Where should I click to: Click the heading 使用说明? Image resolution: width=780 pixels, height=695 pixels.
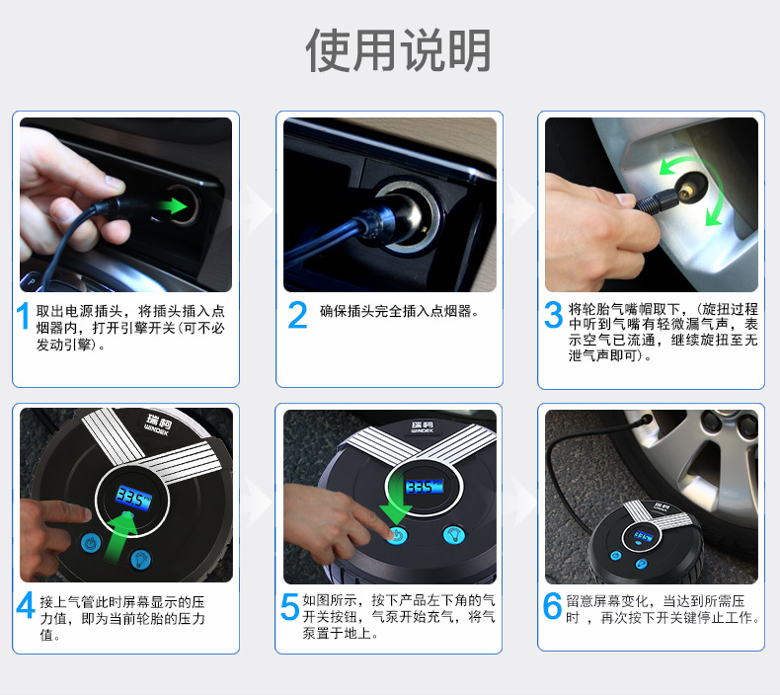pos(398,50)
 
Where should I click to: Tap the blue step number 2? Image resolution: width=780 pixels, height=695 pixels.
pos(297,315)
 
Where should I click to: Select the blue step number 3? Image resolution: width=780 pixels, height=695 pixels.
pos(553,315)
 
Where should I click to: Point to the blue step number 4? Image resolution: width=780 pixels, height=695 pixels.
pos(26,605)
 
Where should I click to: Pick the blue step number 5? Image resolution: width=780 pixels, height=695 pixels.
pos(289,606)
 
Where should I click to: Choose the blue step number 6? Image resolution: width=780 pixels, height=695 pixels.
pos(552,605)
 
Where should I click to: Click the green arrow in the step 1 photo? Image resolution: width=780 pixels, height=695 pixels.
pos(171,205)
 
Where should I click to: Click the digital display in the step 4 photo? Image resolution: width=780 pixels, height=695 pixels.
pos(133,499)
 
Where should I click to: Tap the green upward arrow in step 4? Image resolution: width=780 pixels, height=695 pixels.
pos(119,538)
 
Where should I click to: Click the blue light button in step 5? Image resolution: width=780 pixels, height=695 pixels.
pos(453,534)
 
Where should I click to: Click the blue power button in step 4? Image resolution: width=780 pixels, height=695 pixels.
pos(91,542)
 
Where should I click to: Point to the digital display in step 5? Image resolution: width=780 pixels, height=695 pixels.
pos(424,487)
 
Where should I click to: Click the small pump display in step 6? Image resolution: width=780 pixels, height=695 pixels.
pos(642,536)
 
